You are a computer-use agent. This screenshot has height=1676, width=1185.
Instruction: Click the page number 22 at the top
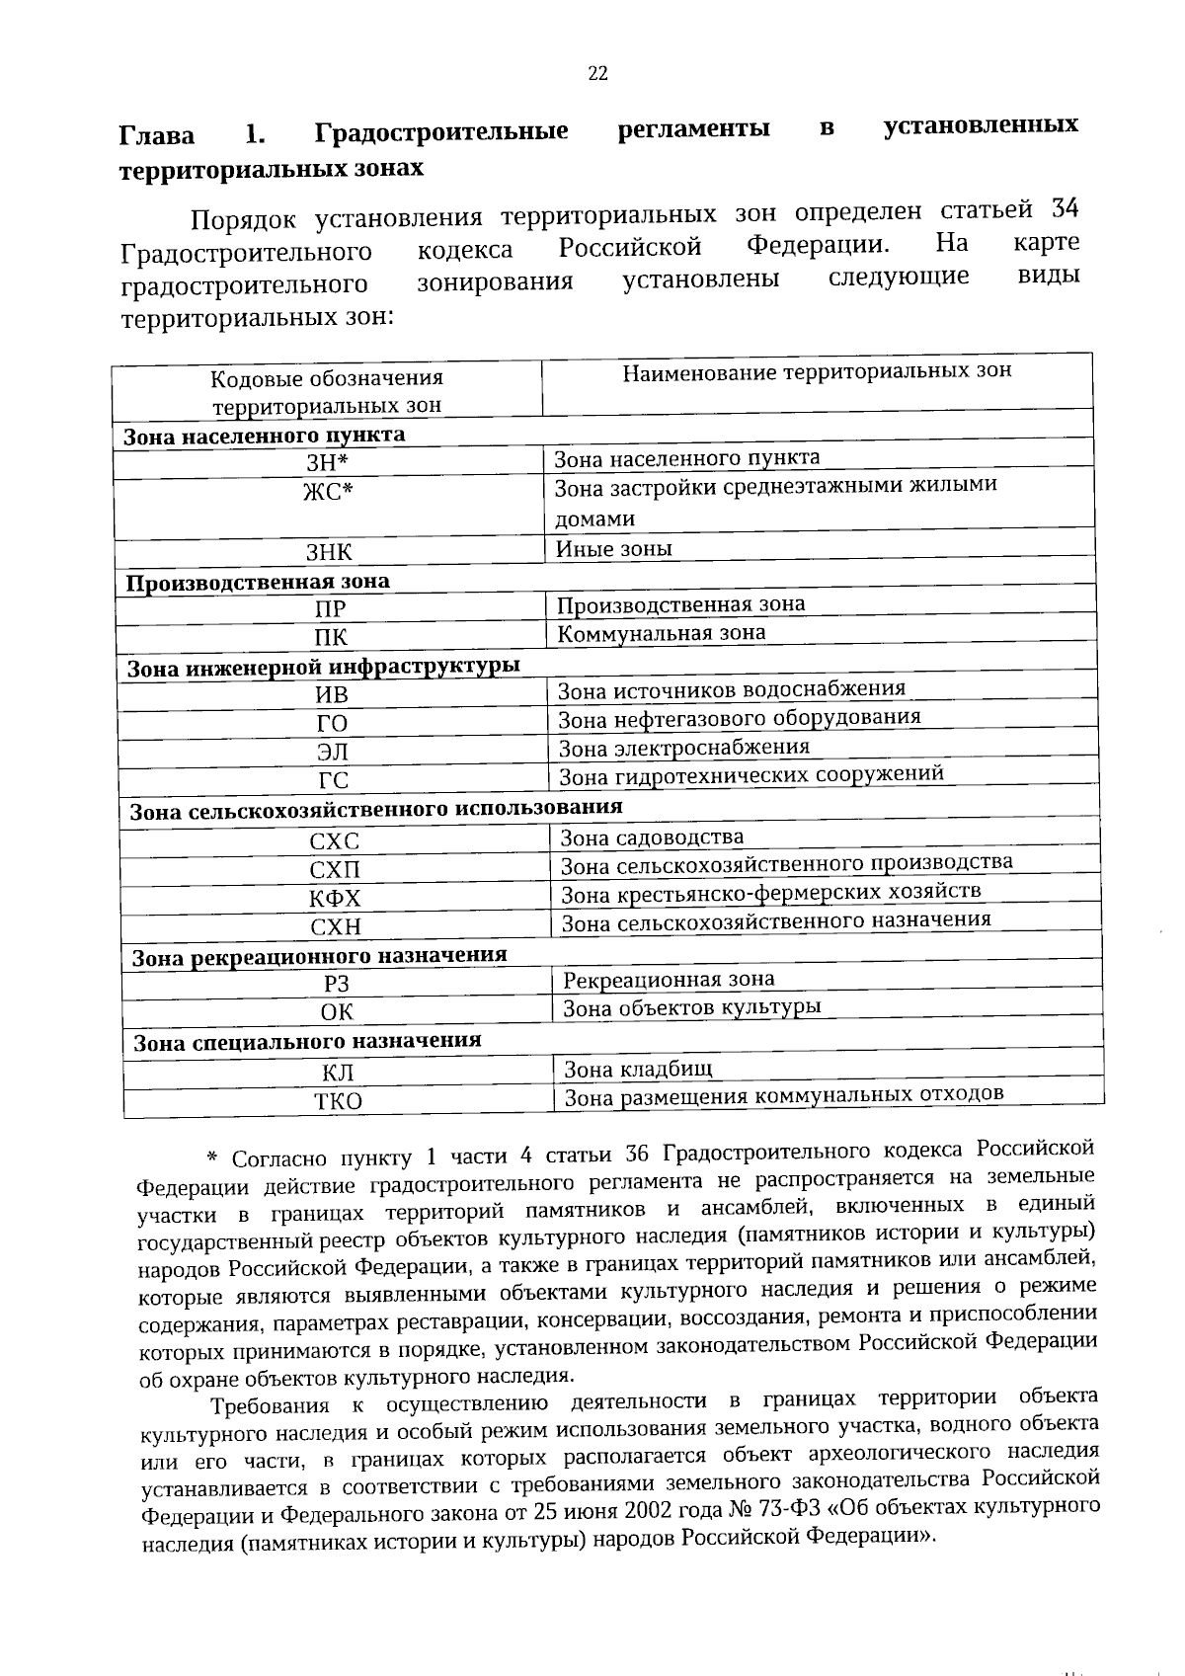click(597, 73)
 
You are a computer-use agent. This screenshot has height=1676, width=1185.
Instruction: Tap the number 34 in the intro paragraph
click(1064, 209)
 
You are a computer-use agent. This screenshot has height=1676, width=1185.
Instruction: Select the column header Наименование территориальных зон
click(817, 371)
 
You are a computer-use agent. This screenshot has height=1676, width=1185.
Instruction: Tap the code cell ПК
click(331, 638)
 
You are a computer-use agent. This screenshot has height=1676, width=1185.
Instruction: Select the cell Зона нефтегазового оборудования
click(739, 718)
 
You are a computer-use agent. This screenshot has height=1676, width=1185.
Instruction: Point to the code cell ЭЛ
click(332, 752)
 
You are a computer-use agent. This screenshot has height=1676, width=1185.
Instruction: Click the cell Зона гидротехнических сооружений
click(750, 775)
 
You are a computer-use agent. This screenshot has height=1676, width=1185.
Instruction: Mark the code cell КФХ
click(335, 899)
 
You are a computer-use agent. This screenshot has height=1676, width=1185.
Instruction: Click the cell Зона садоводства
click(652, 838)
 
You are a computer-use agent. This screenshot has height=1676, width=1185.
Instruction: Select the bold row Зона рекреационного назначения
click(319, 956)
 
